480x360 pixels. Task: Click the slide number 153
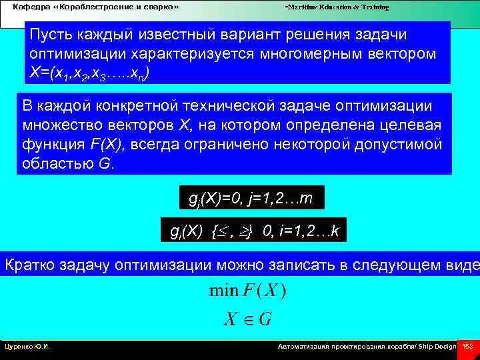tap(468, 347)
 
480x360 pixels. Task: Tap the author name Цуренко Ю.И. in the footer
tap(27, 347)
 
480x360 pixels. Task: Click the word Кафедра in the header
tap(26, 7)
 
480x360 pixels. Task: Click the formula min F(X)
tap(247, 291)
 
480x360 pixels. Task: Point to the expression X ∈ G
tap(247, 319)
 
